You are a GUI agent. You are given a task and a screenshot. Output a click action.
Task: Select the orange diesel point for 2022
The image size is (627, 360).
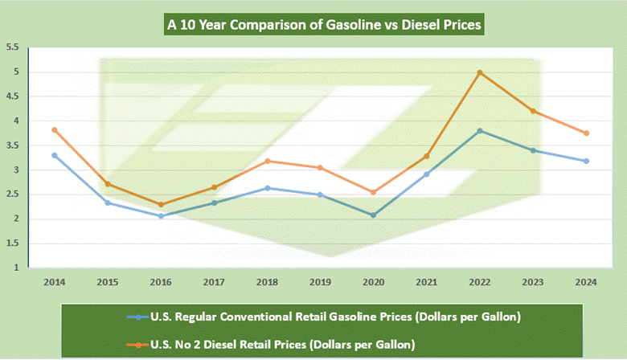point(480,72)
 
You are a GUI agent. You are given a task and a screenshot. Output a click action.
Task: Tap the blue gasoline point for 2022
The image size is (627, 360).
point(480,131)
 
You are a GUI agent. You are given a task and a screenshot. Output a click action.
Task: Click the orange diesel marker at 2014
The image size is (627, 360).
point(55,130)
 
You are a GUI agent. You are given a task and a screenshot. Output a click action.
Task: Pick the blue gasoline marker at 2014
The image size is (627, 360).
point(55,155)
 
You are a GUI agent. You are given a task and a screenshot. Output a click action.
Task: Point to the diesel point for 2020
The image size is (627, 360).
point(374,192)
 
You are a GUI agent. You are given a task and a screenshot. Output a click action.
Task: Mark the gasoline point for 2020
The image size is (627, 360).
point(374,215)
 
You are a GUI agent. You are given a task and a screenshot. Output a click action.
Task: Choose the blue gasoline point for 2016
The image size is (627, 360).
point(161,215)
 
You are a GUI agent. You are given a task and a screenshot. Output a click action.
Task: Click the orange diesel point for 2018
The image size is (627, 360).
point(267,161)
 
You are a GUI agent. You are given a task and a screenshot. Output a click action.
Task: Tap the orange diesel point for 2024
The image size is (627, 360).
point(587,133)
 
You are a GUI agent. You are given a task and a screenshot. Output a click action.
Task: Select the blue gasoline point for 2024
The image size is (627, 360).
point(587,161)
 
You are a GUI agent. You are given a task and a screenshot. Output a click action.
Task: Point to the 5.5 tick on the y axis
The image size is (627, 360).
point(12,47)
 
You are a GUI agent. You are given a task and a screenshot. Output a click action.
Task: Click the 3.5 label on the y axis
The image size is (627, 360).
point(12,145)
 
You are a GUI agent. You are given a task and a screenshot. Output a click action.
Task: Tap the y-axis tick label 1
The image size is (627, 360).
point(15,268)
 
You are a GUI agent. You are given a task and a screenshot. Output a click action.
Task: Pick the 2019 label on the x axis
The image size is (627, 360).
point(320,284)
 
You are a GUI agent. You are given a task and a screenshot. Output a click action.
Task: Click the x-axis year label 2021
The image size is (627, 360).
point(427,284)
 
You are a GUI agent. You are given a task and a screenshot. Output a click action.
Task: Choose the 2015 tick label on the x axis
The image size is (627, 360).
point(107,284)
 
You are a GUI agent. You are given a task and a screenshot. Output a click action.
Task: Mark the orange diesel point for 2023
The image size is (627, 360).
point(533,111)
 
